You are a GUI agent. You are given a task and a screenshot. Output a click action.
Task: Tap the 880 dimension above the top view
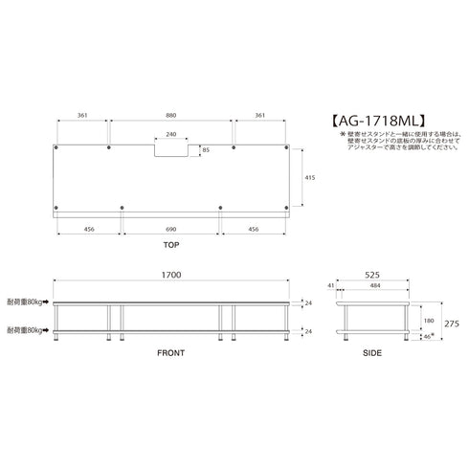click(x=171, y=115)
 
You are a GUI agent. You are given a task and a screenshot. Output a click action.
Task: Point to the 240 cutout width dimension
click(x=171, y=135)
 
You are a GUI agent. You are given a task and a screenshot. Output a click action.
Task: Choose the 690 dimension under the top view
click(x=171, y=231)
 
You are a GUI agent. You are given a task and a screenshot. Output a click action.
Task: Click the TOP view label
click(x=171, y=246)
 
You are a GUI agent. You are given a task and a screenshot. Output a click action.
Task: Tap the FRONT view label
click(x=171, y=353)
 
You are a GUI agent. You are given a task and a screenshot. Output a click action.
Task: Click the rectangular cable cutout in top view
click(x=172, y=148)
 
